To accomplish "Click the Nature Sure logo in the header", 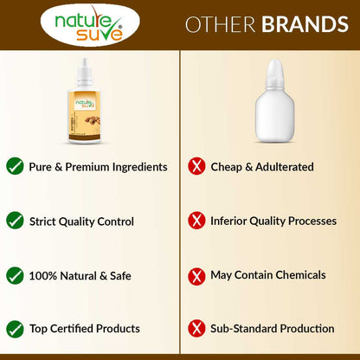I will (x=88, y=25).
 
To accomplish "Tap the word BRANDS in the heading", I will (x=305, y=24).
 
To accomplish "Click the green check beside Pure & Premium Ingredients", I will (x=15, y=165).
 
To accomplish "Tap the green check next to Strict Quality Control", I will (x=15, y=221).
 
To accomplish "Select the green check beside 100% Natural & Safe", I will (x=15, y=274).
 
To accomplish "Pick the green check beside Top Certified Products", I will (x=15, y=328).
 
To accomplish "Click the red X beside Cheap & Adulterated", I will (x=197, y=166).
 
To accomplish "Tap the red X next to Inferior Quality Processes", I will (x=197, y=221).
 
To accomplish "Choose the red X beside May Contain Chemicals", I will (x=197, y=274).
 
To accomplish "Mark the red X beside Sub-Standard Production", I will (x=197, y=328).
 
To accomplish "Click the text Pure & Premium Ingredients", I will (x=98, y=166).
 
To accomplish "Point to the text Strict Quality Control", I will (x=81, y=221).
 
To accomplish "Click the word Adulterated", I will (x=283, y=166).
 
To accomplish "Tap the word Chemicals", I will (x=297, y=274).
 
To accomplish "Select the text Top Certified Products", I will (x=84, y=328).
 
